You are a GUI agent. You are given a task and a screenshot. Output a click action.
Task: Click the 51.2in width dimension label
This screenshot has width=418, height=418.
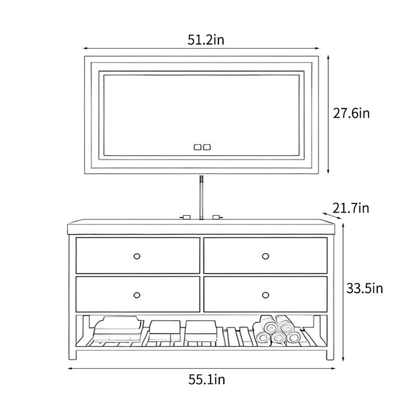pyautogui.click(x=206, y=40)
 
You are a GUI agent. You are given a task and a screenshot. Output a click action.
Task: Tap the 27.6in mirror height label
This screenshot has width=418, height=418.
pyautogui.click(x=351, y=113)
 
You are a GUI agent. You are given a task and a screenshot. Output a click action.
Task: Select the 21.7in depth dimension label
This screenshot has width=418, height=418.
pyautogui.click(x=351, y=208)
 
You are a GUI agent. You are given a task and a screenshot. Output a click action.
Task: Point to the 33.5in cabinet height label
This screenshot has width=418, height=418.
pyautogui.click(x=364, y=288)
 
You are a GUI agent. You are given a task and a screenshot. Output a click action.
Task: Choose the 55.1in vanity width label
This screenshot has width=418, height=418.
pyautogui.click(x=207, y=379)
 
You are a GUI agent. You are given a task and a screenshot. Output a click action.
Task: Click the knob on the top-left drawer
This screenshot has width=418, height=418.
pyautogui.click(x=137, y=256)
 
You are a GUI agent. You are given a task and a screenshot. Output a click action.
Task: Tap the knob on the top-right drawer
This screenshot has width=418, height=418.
pyautogui.click(x=265, y=256)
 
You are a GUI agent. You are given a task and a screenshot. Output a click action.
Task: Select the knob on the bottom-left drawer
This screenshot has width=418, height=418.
pyautogui.click(x=137, y=295)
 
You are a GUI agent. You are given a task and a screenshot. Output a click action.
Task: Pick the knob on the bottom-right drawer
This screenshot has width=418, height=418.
pyautogui.click(x=265, y=295)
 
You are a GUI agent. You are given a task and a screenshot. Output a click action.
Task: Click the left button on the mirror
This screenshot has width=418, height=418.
pyautogui.click(x=198, y=147)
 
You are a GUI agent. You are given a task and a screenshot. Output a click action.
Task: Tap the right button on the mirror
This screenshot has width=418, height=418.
pyautogui.click(x=206, y=147)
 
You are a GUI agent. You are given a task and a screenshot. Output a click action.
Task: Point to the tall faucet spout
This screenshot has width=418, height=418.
pyautogui.click(x=202, y=198)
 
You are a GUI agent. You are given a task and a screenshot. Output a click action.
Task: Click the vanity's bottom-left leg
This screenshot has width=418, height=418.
pyautogui.click(x=73, y=354)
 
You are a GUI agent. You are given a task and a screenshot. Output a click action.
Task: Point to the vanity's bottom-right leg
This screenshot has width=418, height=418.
pyautogui.click(x=330, y=354)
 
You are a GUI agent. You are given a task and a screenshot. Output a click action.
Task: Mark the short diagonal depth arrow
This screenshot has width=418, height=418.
pyautogui.click(x=332, y=216)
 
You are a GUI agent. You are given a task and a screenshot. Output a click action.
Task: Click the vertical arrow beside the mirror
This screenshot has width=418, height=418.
pyautogui.click(x=329, y=114)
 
